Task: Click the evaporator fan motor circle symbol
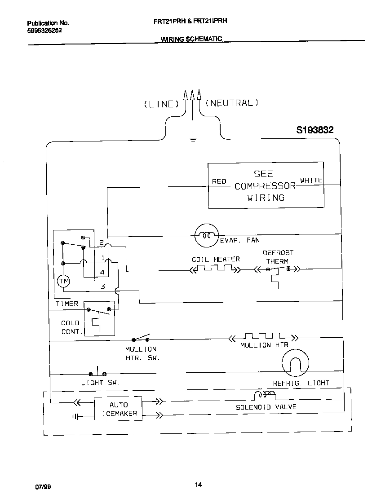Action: tap(206, 234)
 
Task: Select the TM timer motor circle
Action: tap(63, 282)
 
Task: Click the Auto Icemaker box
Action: tap(118, 409)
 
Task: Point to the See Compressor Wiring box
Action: tap(266, 185)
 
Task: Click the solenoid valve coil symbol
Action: tap(265, 395)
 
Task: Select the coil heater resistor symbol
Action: tap(214, 269)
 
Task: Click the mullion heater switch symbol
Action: tap(141, 339)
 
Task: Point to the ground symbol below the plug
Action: tap(193, 140)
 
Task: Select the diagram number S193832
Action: tap(315, 130)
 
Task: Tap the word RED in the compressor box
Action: tap(219, 181)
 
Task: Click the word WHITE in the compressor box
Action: tap(311, 180)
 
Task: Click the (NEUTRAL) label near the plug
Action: tap(232, 103)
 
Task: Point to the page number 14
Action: tap(198, 484)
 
